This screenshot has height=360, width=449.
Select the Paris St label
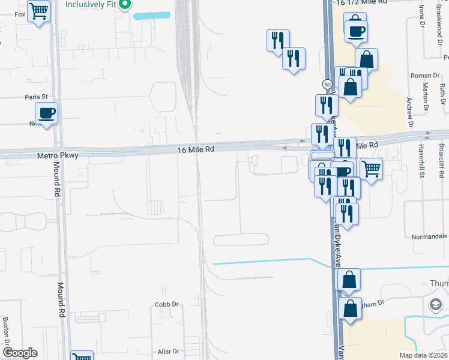click(36, 97)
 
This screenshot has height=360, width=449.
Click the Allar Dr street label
click(168, 351)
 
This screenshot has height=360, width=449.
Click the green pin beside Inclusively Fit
click(125, 5)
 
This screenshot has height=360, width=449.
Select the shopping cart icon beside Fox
click(39, 11)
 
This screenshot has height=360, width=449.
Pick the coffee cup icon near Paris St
click(47, 112)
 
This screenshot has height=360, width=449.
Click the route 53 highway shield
click(327, 85)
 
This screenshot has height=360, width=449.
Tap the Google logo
click(20, 353)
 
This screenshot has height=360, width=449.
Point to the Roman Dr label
click(425, 76)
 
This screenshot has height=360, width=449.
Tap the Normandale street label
click(429, 237)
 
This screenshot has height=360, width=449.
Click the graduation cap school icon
click(433, 305)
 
